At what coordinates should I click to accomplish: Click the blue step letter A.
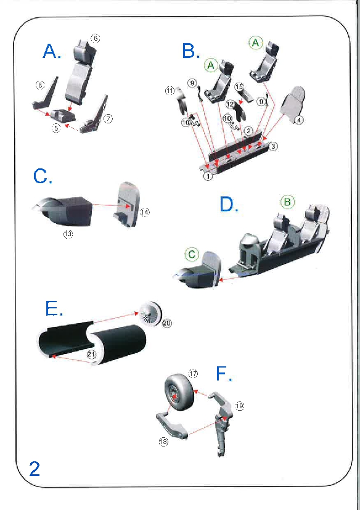tap(51, 51)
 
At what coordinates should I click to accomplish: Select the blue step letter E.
tap(54, 308)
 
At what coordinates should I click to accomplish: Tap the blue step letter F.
tap(224, 374)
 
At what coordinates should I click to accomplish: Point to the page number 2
tap(35, 469)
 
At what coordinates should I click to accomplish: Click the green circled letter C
tap(192, 254)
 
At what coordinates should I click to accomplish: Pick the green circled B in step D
tap(287, 202)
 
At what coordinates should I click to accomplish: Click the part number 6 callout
tap(95, 38)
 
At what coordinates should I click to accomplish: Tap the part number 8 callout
tap(39, 85)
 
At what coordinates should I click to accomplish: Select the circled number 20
tap(167, 323)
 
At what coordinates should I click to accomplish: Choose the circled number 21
tap(91, 355)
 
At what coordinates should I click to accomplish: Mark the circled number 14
tap(145, 212)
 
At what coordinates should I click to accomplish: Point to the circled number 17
tap(193, 373)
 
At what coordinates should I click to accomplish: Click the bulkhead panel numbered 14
tap(127, 204)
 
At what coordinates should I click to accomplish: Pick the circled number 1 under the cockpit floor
tap(208, 176)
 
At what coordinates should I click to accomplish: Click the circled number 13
tap(68, 234)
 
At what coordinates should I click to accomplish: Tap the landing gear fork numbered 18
tap(173, 425)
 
